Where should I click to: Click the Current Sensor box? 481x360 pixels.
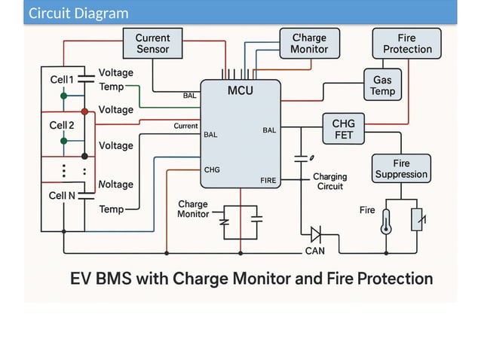[x=153, y=44]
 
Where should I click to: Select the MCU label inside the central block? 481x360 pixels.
[x=240, y=91]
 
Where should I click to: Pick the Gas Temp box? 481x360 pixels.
[x=382, y=85]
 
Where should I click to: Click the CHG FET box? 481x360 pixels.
[x=348, y=130]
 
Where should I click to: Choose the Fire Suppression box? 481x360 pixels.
[x=400, y=169]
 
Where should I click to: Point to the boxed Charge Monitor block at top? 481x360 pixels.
[x=309, y=44]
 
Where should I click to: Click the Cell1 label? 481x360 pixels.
[x=62, y=80]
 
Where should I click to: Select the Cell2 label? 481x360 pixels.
[x=62, y=125]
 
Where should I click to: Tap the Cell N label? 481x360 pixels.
[x=62, y=196]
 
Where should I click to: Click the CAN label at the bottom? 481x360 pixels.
[x=315, y=250]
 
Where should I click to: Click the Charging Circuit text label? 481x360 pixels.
[x=330, y=182]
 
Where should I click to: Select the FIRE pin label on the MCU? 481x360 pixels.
[x=268, y=181]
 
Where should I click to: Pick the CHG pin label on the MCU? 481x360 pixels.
[x=212, y=169]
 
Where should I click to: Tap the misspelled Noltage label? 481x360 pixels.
[x=116, y=185]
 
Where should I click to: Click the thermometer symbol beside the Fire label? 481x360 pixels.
[x=386, y=219]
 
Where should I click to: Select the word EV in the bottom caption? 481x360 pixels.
[x=83, y=279]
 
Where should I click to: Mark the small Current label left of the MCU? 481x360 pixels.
[x=185, y=126]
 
